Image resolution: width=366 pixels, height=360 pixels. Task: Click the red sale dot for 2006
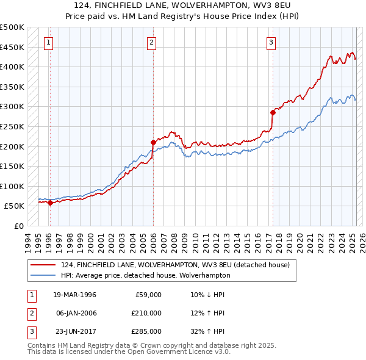pyautogui.click(x=153, y=142)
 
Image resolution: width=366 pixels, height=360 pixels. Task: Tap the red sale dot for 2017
pyautogui.click(x=273, y=112)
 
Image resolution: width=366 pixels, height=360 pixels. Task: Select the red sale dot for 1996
pyautogui.click(x=50, y=203)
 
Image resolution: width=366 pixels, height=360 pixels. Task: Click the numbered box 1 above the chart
pyautogui.click(x=48, y=42)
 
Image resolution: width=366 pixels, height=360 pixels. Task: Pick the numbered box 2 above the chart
pyautogui.click(x=151, y=42)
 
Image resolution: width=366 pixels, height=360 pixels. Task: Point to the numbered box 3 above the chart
pyautogui.click(x=271, y=42)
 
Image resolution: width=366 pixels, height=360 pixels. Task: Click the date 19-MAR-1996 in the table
pyautogui.click(x=75, y=295)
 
